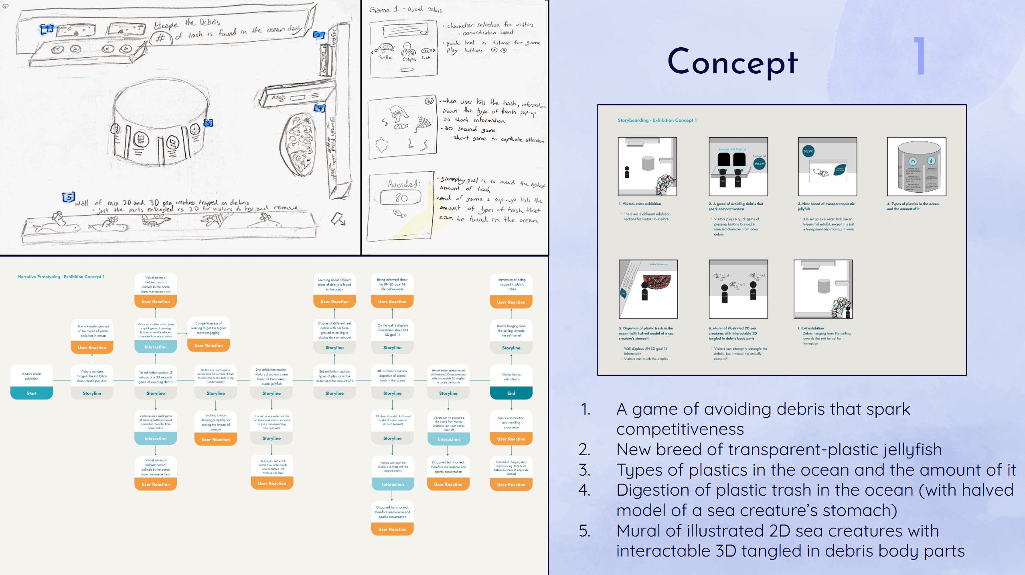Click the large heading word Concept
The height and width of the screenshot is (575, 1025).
[x=732, y=62]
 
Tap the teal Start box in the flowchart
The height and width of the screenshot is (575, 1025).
[x=32, y=393]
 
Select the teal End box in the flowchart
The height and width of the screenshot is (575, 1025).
[x=511, y=393]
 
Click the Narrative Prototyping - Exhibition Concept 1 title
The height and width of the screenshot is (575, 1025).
[x=61, y=276]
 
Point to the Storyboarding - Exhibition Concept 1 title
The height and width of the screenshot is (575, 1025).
[x=657, y=120]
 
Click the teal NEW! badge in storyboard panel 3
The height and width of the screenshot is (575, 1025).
[x=808, y=151]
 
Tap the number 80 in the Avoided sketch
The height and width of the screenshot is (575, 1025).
[x=401, y=198]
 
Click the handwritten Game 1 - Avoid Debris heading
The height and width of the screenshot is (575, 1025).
[x=405, y=10]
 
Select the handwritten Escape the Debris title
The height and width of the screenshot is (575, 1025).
[x=187, y=24]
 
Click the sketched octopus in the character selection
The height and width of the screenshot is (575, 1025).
[x=408, y=51]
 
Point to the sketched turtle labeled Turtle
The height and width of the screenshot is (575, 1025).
[x=384, y=49]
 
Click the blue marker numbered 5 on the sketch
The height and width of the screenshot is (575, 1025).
[x=69, y=197]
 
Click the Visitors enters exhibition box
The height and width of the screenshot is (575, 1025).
[x=32, y=376]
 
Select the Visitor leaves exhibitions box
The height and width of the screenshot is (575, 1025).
[x=511, y=377]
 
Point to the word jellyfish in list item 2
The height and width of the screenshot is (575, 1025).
[x=913, y=450]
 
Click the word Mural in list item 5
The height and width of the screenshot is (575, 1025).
[x=638, y=531]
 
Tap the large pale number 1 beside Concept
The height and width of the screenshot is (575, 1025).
[x=920, y=56]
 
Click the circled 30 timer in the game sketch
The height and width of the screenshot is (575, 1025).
[x=429, y=101]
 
